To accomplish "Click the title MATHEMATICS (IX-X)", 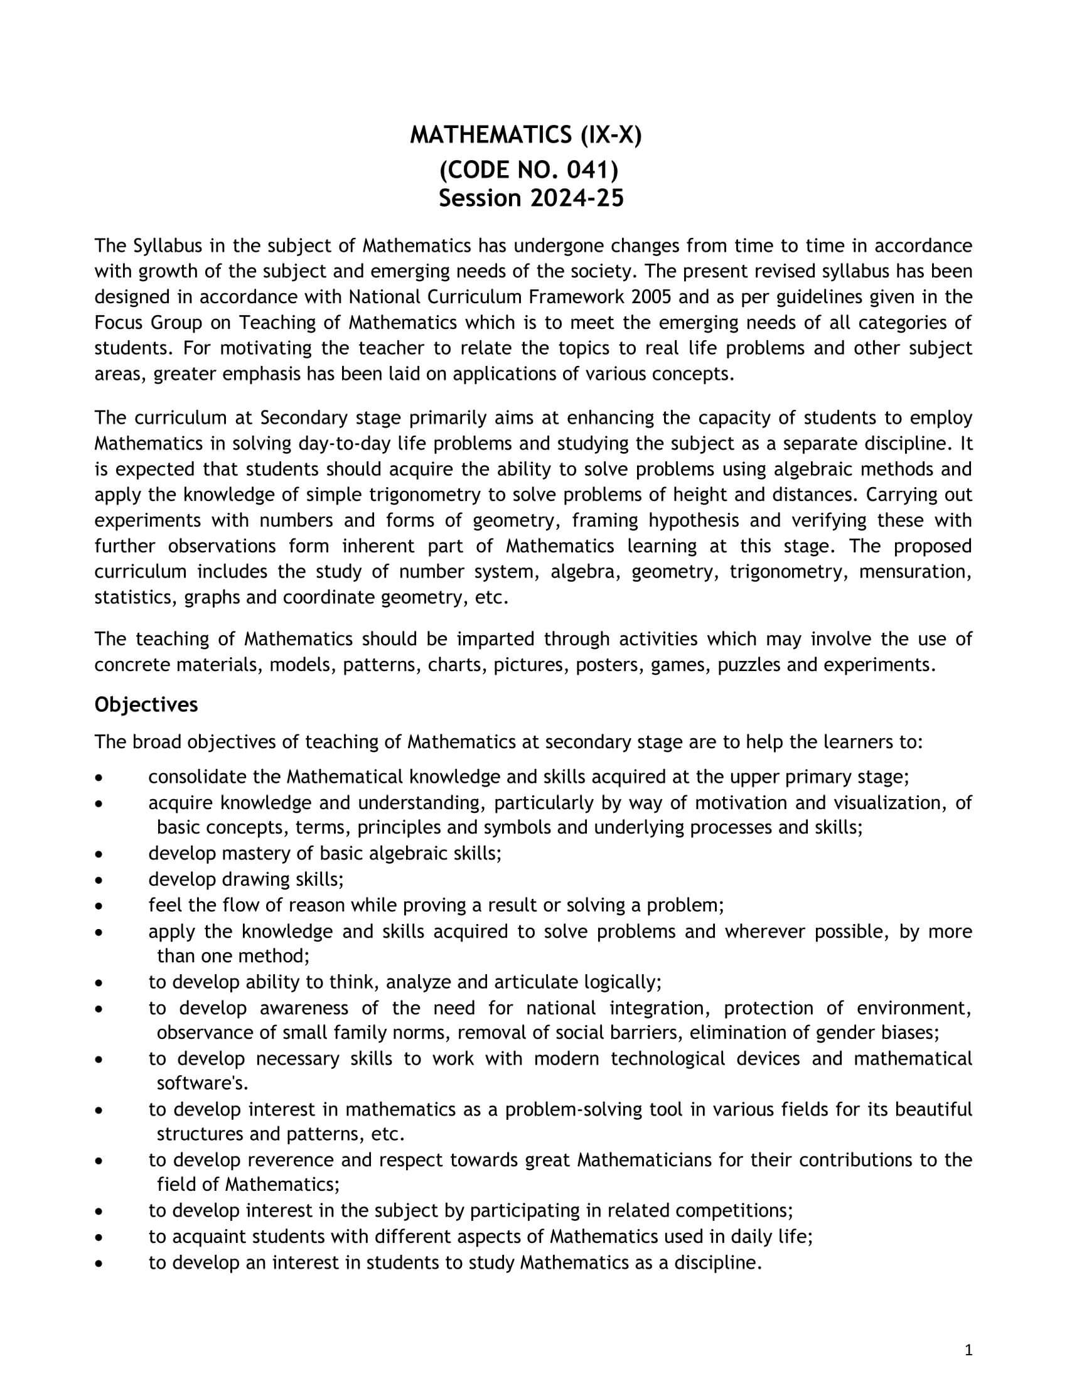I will pyautogui.click(x=525, y=136).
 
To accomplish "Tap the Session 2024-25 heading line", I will pyautogui.click(x=531, y=198).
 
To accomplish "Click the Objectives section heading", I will pyautogui.click(x=146, y=704).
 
